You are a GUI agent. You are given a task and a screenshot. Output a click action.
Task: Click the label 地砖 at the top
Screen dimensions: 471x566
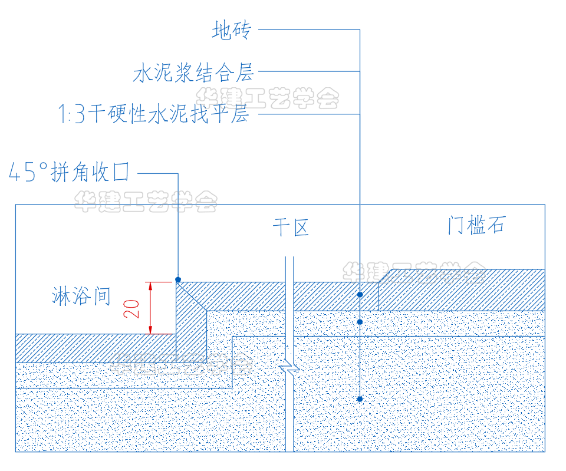(231, 29)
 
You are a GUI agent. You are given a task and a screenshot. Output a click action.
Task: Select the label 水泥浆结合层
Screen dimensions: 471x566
(193, 73)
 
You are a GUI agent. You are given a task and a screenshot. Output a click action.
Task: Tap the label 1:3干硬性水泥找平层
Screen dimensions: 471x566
(153, 113)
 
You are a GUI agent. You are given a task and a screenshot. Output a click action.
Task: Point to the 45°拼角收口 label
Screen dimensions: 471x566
(69, 173)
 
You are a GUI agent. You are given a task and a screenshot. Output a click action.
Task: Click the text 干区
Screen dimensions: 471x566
(290, 227)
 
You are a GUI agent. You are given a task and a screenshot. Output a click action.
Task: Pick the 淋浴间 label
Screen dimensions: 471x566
(81, 296)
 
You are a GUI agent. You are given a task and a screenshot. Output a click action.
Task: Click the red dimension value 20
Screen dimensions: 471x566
(134, 308)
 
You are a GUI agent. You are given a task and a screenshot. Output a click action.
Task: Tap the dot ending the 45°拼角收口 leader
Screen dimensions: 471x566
(177, 279)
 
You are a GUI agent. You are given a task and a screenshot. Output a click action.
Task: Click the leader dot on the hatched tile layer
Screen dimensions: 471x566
(360, 294)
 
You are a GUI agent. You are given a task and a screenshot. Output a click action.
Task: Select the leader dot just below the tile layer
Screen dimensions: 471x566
(360, 322)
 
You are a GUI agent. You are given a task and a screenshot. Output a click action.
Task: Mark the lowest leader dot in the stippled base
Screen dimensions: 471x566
(360, 399)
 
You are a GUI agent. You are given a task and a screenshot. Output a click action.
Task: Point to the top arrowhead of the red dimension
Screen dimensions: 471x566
(151, 286)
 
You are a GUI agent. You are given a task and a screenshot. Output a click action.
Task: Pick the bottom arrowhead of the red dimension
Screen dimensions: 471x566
(151, 330)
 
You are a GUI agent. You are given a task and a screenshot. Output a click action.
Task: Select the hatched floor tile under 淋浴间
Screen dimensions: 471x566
(88, 348)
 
